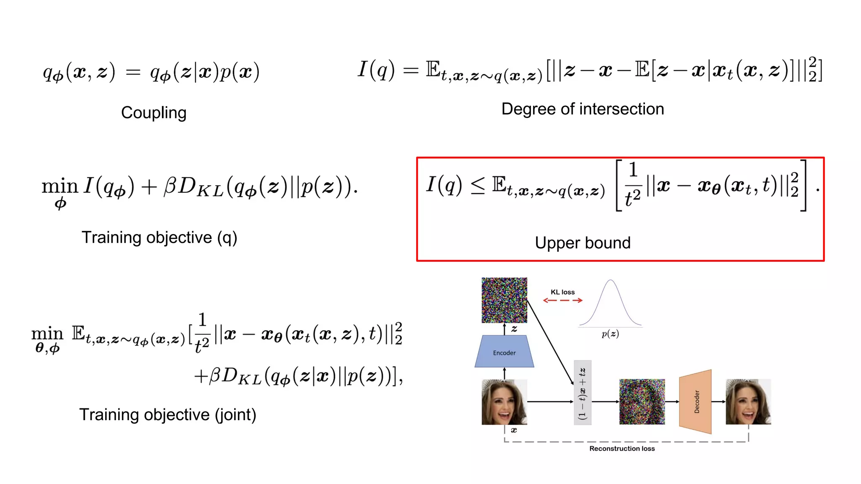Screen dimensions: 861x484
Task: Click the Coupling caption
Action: pos(153,113)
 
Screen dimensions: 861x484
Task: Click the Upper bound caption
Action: pos(582,243)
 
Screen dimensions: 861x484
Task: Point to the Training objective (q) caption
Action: pos(159,238)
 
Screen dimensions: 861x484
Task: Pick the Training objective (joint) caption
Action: pos(167,415)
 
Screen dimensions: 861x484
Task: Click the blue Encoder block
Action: pos(504,352)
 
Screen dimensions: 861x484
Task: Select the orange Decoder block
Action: pos(696,401)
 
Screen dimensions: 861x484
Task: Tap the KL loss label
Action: pos(563,292)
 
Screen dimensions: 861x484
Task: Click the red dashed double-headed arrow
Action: pos(563,300)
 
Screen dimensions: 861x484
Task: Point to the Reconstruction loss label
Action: pos(622,449)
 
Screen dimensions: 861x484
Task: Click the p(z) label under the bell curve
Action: pos(610,334)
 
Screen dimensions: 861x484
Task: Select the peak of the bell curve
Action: pos(610,281)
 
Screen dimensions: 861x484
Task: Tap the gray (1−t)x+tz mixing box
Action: pos(582,392)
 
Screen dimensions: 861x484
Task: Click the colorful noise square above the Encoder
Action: pos(504,300)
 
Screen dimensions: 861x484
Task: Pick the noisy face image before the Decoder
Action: pos(642,402)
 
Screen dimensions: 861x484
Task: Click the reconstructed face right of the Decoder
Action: pos(748,402)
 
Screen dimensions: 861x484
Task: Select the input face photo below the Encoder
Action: pos(504,402)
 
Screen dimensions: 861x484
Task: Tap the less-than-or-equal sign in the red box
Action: pos(478,186)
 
